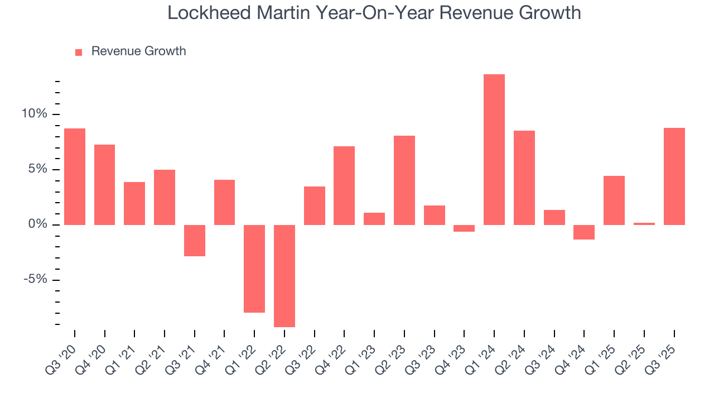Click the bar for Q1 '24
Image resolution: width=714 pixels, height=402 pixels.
tap(494, 150)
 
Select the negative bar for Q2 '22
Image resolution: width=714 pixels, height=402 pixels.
tap(284, 276)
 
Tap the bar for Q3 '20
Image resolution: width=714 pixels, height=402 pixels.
tap(75, 176)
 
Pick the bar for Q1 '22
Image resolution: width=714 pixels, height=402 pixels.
tap(254, 269)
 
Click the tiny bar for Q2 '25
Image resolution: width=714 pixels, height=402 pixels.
tap(644, 224)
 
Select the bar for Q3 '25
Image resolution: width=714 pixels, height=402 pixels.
tap(674, 176)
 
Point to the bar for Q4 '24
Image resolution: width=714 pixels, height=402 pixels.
tap(584, 232)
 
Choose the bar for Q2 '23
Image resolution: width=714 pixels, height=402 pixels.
tap(404, 180)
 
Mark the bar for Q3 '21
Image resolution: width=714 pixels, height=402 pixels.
tap(195, 241)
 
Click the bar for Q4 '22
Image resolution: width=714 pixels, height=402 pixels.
tap(344, 185)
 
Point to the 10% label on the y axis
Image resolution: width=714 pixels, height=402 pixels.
tap(35, 114)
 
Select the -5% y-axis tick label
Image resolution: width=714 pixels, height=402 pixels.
tap(36, 280)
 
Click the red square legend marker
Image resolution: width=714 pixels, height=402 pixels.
tap(79, 52)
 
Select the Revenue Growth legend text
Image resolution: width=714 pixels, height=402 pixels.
tap(138, 51)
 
